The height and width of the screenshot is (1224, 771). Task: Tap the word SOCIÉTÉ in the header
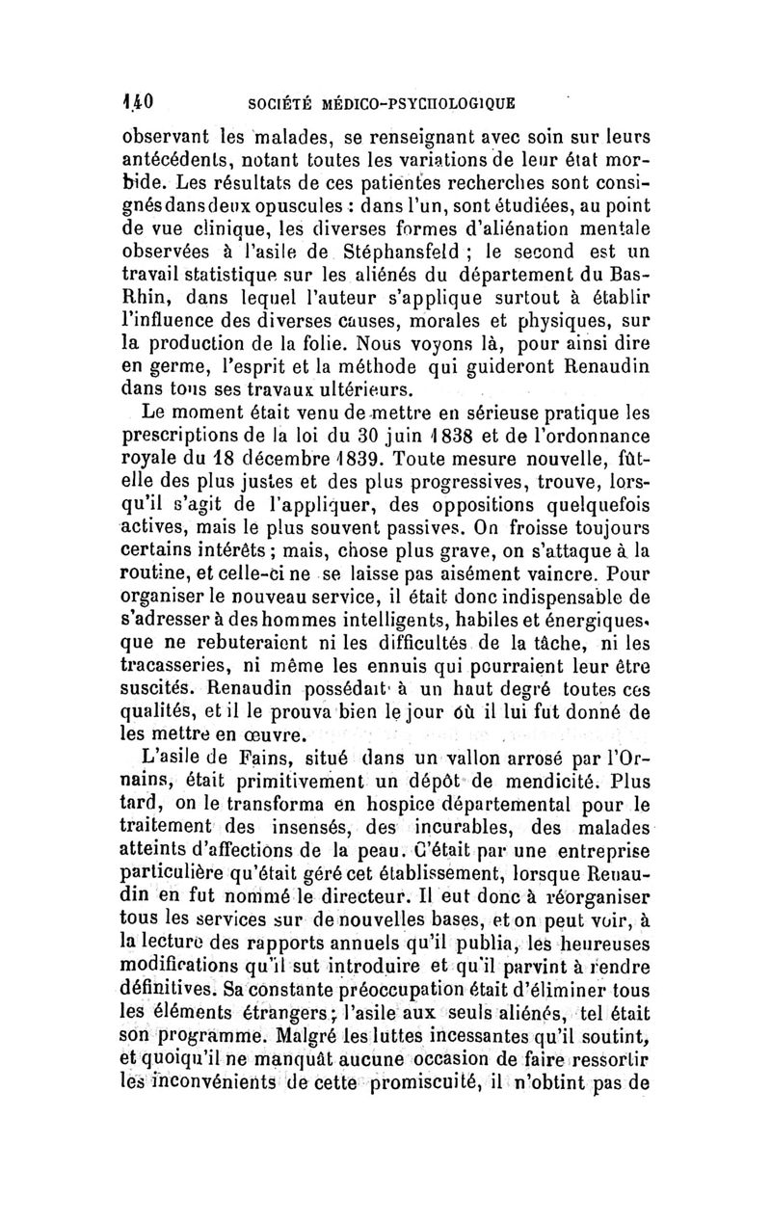pos(279,99)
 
